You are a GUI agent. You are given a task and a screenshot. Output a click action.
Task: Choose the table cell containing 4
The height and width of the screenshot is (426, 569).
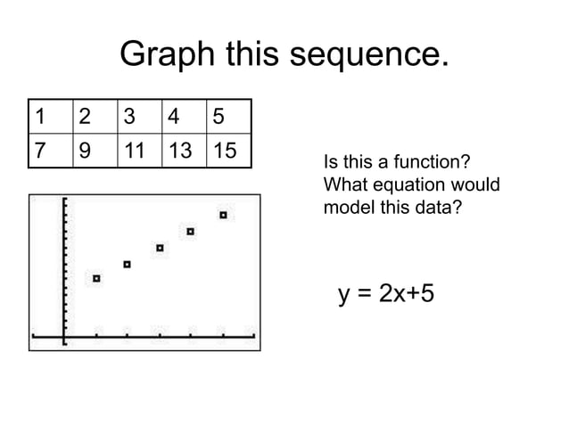click(182, 116)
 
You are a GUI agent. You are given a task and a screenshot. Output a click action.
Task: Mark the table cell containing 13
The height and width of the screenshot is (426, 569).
click(182, 151)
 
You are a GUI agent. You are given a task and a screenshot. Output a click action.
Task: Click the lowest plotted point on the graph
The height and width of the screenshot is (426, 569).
click(96, 279)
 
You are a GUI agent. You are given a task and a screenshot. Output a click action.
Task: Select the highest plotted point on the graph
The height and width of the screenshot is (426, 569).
click(223, 215)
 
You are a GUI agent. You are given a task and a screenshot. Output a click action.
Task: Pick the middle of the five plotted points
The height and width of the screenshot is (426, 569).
click(160, 248)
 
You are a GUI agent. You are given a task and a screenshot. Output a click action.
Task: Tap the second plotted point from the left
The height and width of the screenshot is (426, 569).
click(128, 264)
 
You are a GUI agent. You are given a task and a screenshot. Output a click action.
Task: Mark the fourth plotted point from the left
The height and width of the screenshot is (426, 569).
click(191, 232)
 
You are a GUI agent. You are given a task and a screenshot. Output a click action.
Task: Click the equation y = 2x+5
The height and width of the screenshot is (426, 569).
click(386, 293)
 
